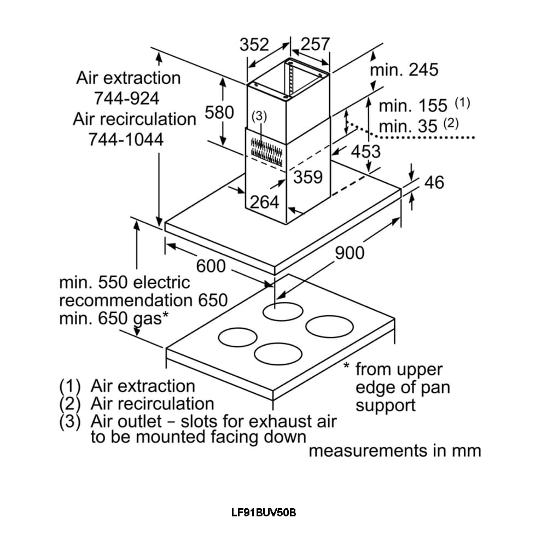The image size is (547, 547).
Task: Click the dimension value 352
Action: (x=254, y=45)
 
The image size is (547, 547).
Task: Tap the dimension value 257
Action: (x=315, y=45)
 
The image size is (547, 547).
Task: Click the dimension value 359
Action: (x=309, y=177)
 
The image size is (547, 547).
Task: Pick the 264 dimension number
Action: (x=265, y=202)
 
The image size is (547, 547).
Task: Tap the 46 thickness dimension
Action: (x=434, y=182)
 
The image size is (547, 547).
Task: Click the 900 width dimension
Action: (x=349, y=253)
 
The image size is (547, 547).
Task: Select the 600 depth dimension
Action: (x=211, y=266)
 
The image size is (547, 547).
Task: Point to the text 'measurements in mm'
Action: (x=395, y=451)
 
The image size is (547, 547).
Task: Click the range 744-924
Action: (x=127, y=98)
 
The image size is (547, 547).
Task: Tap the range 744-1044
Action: (x=126, y=139)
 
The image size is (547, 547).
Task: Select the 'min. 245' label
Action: (x=404, y=69)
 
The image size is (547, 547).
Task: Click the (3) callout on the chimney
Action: (x=259, y=116)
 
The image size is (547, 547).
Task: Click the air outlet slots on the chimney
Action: (x=265, y=148)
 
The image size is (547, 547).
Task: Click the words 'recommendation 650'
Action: (x=143, y=300)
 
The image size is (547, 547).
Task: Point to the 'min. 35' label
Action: (x=408, y=126)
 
